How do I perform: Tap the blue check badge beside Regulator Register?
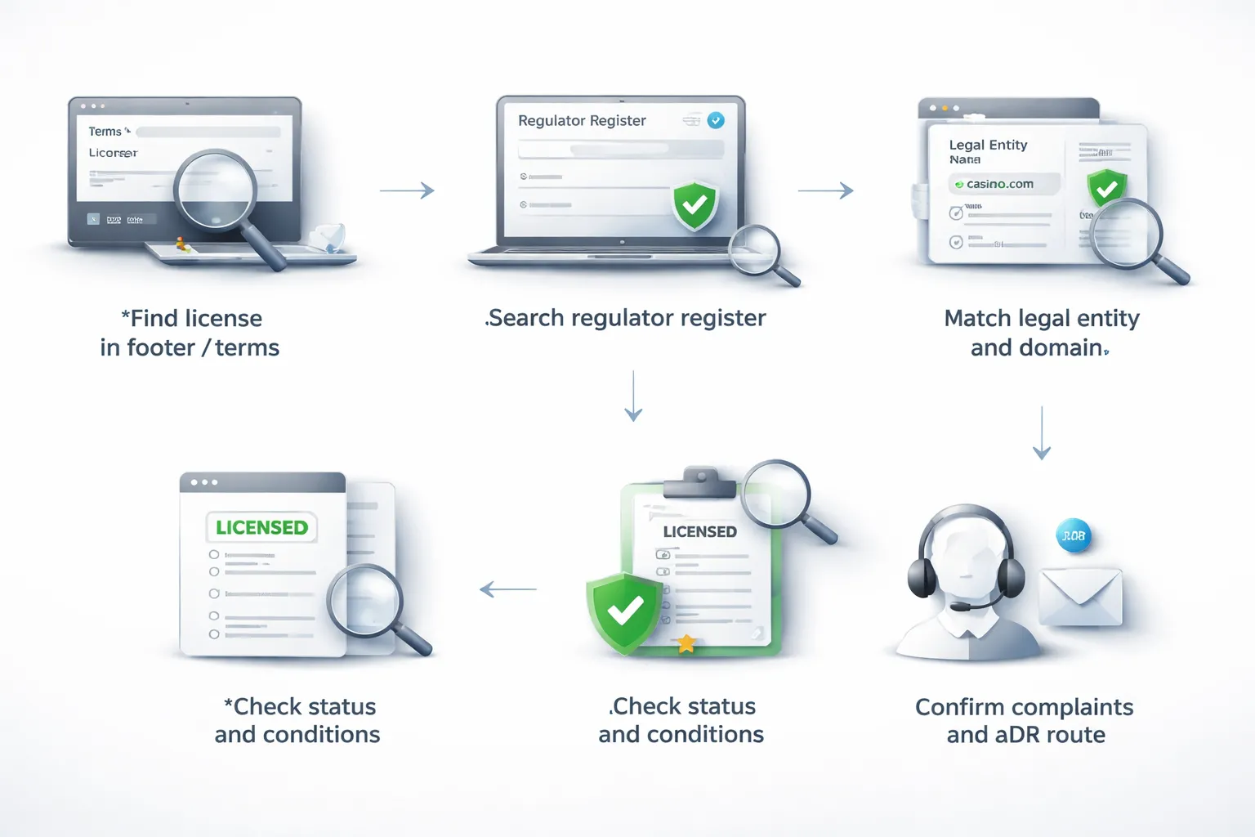pos(716,120)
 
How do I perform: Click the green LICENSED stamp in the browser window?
pos(261,527)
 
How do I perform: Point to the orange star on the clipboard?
pos(686,644)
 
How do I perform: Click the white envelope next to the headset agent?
pos(1080,598)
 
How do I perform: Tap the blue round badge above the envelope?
pos(1074,536)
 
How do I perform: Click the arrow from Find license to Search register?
pos(407,190)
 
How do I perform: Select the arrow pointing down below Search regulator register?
pos(633,396)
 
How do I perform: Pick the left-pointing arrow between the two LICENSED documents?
pos(508,589)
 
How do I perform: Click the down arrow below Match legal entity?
pos(1042,432)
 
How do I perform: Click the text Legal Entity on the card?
pos(988,145)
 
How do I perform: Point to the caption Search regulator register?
pos(627,318)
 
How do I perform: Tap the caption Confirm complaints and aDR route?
pos(1025,720)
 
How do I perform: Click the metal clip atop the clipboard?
pos(699,482)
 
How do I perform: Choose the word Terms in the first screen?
pos(105,132)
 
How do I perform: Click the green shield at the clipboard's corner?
pos(625,611)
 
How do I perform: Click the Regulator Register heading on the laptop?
pos(582,121)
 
